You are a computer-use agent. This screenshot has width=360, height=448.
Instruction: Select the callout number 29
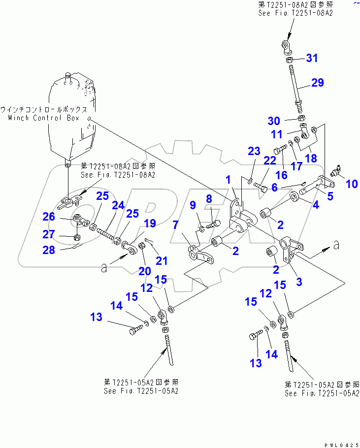pos(317,82)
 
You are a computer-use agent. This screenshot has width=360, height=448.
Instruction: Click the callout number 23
pos(253,152)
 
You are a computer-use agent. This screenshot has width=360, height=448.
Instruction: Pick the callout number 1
pos(228,180)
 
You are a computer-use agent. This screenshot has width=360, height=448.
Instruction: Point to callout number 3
pos(298,282)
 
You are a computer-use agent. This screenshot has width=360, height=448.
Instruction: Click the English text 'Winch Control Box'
pos(48,118)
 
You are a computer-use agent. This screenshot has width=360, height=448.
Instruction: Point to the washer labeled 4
pos(296,198)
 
